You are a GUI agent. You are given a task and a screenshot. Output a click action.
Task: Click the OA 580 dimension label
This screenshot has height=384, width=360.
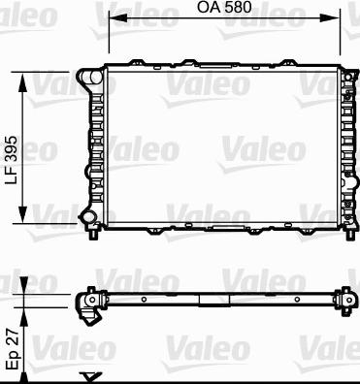tap(224, 7)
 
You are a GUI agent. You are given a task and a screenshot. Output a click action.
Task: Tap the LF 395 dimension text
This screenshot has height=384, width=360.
tap(12, 160)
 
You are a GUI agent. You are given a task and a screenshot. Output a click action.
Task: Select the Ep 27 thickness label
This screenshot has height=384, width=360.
tap(14, 351)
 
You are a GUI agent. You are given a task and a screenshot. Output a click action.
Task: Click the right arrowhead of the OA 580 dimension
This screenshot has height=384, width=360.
tap(334, 18)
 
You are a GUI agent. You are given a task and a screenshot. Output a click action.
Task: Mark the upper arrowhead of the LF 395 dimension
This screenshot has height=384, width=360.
tap(22, 81)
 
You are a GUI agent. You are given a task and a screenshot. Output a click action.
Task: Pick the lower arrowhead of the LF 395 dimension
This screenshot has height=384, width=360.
tap(22, 214)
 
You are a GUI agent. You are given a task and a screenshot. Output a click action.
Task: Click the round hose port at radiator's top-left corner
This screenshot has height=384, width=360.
tap(95, 78)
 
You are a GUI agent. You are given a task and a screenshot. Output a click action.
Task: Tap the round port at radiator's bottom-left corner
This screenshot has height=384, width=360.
tap(87, 217)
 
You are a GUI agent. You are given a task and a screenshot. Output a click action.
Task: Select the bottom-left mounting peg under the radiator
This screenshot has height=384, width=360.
tap(93, 234)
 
